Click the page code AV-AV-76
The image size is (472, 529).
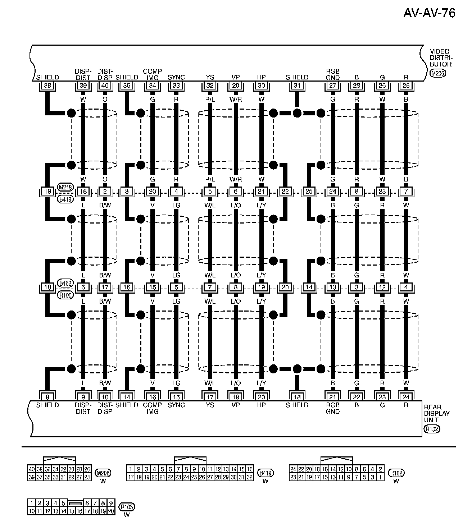click(429, 13)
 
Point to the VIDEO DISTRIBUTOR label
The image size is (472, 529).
click(441, 58)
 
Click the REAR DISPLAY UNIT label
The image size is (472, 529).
click(437, 413)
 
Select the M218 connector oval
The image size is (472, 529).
click(65, 187)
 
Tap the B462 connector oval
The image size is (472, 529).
click(65, 283)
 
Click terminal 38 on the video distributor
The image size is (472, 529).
click(47, 86)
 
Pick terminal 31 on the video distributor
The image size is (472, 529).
click(297, 86)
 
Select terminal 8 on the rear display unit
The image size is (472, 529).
click(47, 397)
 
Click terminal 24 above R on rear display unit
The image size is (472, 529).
click(406, 397)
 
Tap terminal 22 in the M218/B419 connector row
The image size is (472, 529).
click(285, 192)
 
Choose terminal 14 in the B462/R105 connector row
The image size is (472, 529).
click(309, 287)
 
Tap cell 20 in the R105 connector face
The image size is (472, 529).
click(111, 511)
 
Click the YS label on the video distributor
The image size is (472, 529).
click(210, 77)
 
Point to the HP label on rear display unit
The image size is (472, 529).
click(261, 405)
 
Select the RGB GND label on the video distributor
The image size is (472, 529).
click(333, 74)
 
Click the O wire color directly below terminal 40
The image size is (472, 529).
click(105, 100)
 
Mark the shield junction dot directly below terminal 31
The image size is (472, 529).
click(297, 113)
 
